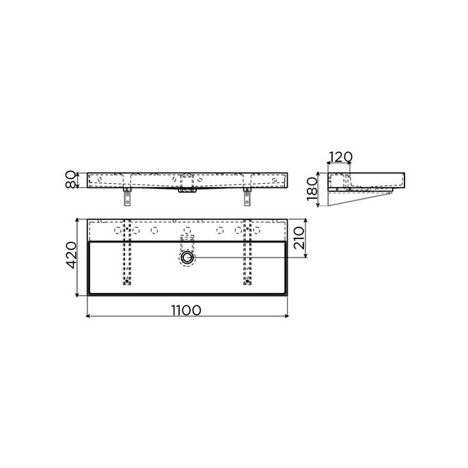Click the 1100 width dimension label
click(187, 310)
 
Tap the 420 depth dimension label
click(71, 256)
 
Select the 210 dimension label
click(299, 238)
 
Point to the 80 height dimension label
click(70, 180)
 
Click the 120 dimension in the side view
click(340, 157)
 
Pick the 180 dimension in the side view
click(312, 189)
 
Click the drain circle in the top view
click(187, 258)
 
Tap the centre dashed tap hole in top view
click(187, 230)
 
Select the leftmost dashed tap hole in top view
click(118, 230)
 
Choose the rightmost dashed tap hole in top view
click(256, 230)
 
